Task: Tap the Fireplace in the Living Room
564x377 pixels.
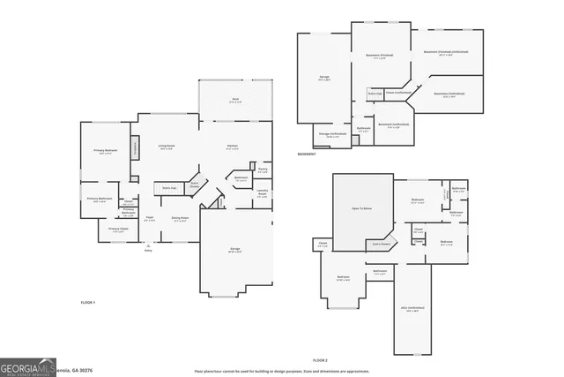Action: click(135, 148)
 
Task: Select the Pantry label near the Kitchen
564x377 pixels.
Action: click(263, 170)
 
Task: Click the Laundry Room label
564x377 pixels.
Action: click(263, 192)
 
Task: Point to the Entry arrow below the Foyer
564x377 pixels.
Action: click(148, 245)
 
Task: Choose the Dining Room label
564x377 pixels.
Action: click(180, 219)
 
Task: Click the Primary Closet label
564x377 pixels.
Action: click(118, 230)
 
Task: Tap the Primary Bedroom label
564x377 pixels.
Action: click(105, 152)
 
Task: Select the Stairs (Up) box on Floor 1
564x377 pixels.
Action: click(169, 188)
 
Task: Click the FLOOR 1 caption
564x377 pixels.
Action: click(87, 303)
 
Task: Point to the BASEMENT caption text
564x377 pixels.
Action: click(307, 154)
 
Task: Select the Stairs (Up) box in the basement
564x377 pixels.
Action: click(375, 93)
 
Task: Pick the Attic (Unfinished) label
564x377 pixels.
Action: click(412, 310)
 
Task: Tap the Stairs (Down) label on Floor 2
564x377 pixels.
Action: click(381, 243)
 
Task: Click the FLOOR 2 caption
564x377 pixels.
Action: click(320, 360)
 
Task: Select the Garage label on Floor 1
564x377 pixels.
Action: click(235, 250)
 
